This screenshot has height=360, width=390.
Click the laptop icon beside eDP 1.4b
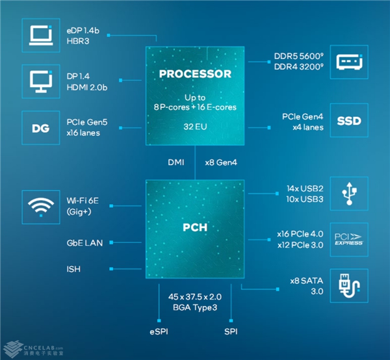tap(41, 35)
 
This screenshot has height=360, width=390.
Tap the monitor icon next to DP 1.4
tap(41, 81)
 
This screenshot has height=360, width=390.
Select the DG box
tap(41, 128)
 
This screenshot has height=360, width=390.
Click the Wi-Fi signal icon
tap(41, 207)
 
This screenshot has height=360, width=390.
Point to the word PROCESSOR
tap(195, 74)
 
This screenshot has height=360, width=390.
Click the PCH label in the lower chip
tap(195, 227)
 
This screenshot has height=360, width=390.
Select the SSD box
tap(349, 120)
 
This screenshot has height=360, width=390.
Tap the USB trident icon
tap(349, 194)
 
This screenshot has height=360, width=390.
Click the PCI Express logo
tap(348, 239)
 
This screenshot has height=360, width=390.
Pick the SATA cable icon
tap(349, 286)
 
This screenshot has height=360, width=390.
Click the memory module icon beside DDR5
tap(349, 62)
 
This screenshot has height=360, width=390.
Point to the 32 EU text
tap(195, 127)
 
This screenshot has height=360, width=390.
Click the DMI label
tap(176, 162)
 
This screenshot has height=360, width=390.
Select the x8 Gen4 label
tap(221, 162)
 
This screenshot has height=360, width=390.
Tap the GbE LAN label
tap(84, 243)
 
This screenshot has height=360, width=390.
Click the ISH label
tap(73, 269)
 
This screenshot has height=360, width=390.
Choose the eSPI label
tap(159, 331)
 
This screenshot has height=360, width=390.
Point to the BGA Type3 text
tap(195, 307)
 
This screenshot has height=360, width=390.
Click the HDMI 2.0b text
tap(87, 87)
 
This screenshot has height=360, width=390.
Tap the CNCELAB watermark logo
tap(34, 349)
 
